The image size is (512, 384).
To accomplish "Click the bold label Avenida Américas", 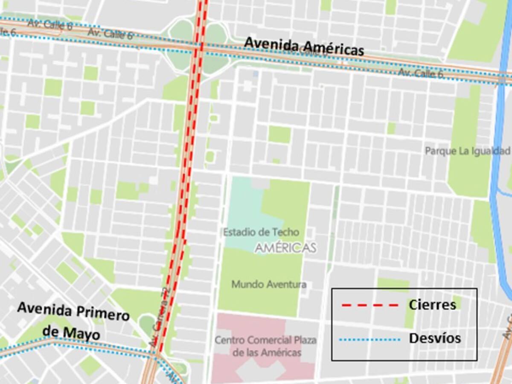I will tap(304, 46).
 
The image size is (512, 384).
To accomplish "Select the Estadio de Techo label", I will tap(261, 233).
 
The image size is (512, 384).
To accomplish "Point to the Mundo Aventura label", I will tap(269, 284).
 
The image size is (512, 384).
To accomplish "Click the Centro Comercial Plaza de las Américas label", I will tap(265, 346).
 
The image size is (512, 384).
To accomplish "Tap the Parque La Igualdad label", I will tap(468, 151).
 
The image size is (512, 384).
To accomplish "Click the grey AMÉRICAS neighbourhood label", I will tap(286, 248).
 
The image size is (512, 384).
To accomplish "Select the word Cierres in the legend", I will tap(432, 305).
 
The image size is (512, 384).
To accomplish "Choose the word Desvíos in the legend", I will tap(435, 338).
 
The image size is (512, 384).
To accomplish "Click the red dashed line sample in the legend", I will tap(369, 305).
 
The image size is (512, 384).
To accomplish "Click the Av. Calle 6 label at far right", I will tap(421, 73).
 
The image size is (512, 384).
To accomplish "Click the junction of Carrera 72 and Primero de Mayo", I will tap(155, 354).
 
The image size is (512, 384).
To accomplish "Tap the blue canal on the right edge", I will tap(497, 171).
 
